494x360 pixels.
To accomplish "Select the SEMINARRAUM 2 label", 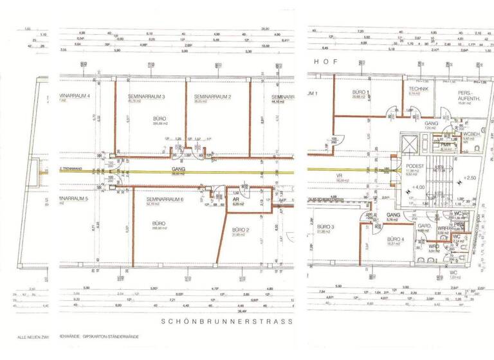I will (212, 96).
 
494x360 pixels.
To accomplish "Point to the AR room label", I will (236, 201).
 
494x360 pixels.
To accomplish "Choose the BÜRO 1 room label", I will (358, 93).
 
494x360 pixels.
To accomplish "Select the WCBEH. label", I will (471, 134).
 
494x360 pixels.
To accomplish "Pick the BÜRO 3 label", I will (327, 227).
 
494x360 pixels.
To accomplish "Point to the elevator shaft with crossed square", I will (410, 142).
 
